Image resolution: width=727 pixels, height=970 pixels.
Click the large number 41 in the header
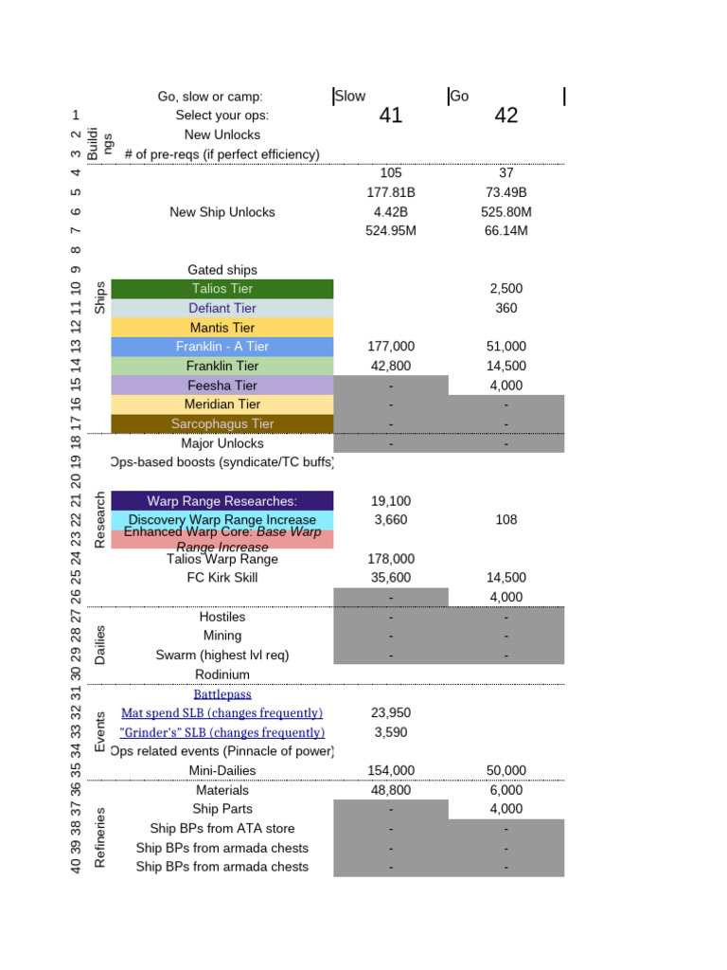tap(390, 116)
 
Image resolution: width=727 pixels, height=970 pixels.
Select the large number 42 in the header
tap(506, 116)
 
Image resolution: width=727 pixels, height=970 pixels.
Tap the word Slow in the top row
tap(350, 97)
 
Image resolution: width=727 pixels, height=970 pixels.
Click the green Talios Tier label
tap(222, 289)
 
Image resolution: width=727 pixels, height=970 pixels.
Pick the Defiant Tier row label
tap(222, 308)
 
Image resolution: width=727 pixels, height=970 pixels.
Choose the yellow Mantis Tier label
tap(222, 328)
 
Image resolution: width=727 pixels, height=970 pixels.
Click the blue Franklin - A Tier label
tap(222, 347)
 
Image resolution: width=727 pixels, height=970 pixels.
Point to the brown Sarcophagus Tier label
tap(222, 423)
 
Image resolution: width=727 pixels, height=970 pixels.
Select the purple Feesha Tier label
tap(222, 386)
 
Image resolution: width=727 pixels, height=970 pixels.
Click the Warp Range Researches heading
tap(222, 501)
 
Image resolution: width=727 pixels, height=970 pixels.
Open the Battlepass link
tap(222, 694)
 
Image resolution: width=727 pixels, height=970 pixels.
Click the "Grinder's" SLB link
tap(222, 732)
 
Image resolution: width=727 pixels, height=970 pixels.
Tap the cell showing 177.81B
tap(390, 192)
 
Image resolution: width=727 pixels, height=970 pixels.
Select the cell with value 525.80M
tap(506, 212)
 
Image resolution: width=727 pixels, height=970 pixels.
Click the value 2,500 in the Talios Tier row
tap(506, 289)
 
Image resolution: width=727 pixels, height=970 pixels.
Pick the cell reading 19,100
tap(390, 501)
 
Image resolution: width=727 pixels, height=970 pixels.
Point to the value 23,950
tap(390, 713)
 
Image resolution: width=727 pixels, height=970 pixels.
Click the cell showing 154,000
tap(390, 771)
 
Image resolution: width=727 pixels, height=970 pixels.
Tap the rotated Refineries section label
tap(100, 837)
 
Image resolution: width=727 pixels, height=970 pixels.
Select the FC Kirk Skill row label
tap(222, 578)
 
